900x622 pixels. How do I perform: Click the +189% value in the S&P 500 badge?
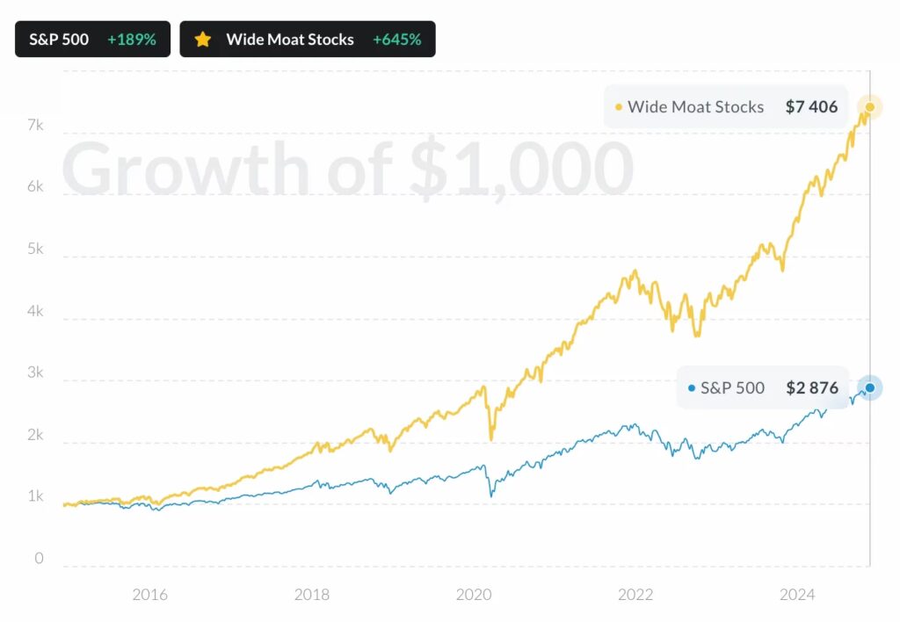pyautogui.click(x=131, y=40)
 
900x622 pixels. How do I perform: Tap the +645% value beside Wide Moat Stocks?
pyautogui.click(x=396, y=40)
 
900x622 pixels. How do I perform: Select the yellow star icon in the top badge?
pyautogui.click(x=203, y=40)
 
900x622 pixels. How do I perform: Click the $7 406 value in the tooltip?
pyautogui.click(x=811, y=107)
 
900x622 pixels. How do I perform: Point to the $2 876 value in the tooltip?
pyautogui.click(x=811, y=387)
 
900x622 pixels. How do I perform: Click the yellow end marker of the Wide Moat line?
pyautogui.click(x=869, y=107)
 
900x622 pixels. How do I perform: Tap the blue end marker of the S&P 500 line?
pyautogui.click(x=869, y=387)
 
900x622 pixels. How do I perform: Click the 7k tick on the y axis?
pyautogui.click(x=34, y=126)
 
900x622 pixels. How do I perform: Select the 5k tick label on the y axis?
pyautogui.click(x=34, y=250)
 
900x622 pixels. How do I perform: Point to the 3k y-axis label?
pyautogui.click(x=34, y=373)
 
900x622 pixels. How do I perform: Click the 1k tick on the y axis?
pyautogui.click(x=34, y=497)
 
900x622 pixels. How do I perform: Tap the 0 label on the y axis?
pyautogui.click(x=38, y=559)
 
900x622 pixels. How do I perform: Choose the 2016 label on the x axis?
pyautogui.click(x=149, y=595)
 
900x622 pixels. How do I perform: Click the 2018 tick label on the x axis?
pyautogui.click(x=312, y=595)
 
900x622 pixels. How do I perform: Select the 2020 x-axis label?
pyautogui.click(x=474, y=595)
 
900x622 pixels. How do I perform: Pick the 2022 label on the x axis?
pyautogui.click(x=635, y=595)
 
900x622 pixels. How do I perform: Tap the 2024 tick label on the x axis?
pyautogui.click(x=797, y=595)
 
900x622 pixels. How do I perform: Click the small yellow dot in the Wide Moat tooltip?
pyautogui.click(x=619, y=107)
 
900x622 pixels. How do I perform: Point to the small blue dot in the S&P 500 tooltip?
pyautogui.click(x=691, y=387)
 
